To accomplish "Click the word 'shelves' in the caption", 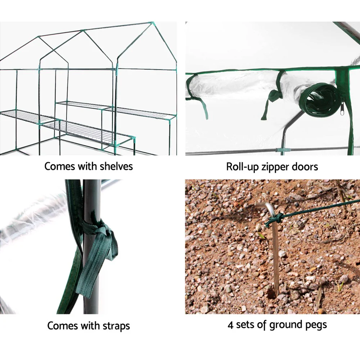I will [116, 166].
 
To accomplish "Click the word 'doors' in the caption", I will [305, 167].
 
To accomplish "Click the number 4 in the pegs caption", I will [230, 325].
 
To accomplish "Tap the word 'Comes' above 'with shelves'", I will [59, 166].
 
